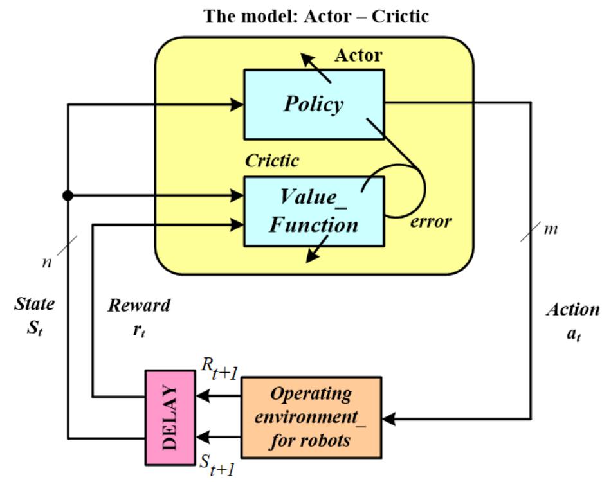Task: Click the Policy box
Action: (313, 104)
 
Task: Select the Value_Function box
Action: (313, 211)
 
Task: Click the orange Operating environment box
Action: (311, 417)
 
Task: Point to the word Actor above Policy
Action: (358, 56)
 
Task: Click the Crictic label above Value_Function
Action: (272, 161)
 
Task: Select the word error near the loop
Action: (431, 222)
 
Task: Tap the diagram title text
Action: (316, 15)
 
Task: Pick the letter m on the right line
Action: (551, 229)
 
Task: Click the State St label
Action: (35, 314)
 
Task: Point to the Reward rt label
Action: (139, 315)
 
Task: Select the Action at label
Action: (572, 319)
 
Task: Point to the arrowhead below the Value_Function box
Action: (311, 258)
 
